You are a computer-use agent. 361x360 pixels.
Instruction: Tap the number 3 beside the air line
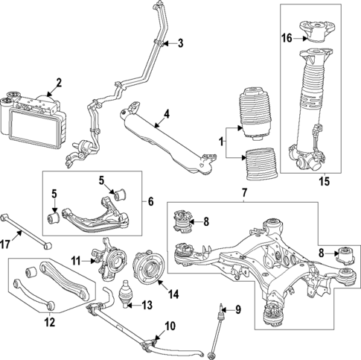pos(179,44)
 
